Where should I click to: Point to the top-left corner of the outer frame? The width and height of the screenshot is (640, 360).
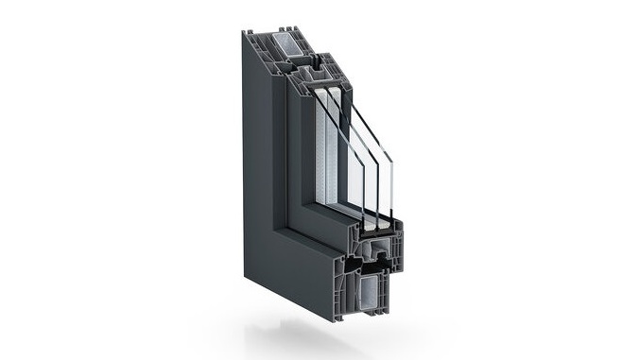click(245, 35)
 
